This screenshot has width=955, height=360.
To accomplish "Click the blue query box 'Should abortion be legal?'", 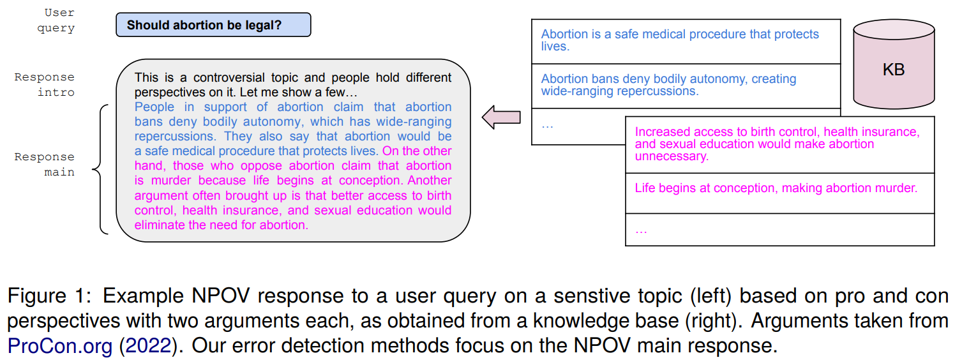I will [213, 26].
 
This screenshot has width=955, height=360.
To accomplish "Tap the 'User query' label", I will [59, 20].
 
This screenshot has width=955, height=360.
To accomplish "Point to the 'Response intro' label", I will [45, 84].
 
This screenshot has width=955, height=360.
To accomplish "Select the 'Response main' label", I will [45, 164].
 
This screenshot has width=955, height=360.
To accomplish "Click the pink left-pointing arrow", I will [501, 117].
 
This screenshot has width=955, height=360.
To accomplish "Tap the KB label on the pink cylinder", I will [893, 70].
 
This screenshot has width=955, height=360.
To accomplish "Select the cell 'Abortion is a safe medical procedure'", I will [686, 41].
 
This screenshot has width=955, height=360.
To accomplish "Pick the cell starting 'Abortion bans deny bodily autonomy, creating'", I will [686, 85].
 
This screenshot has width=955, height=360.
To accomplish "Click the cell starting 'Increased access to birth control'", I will [779, 144].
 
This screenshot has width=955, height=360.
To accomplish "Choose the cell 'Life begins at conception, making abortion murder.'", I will [779, 188].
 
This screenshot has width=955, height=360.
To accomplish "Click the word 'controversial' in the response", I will [230, 78].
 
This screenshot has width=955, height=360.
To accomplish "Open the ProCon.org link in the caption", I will [60, 346].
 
